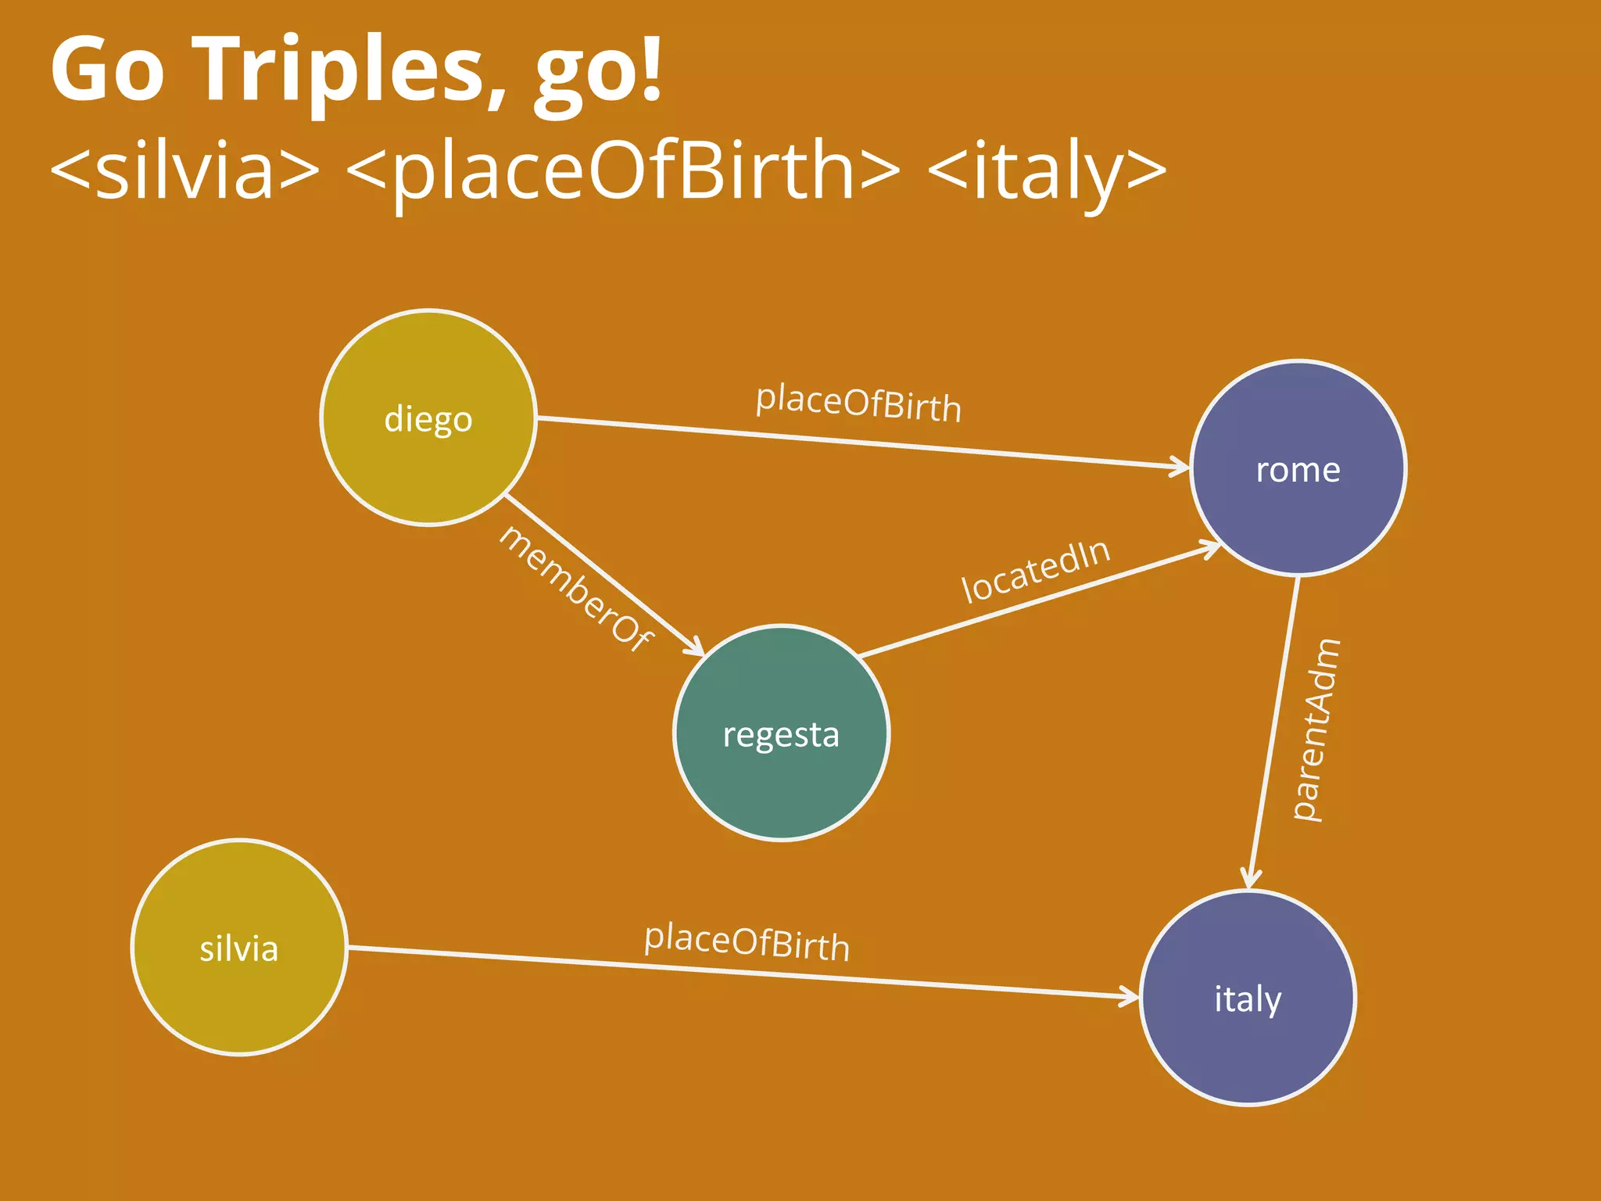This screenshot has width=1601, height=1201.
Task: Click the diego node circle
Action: pos(428,418)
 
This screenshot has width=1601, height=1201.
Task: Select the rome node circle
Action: pos(1298,469)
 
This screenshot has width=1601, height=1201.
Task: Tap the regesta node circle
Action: pos(781,733)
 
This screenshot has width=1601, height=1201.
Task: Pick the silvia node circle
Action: pos(239,948)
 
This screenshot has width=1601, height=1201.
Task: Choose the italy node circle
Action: pos(1248,998)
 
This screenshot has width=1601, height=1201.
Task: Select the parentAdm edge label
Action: pos(1316,730)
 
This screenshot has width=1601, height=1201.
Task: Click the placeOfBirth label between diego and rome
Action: pos(858,403)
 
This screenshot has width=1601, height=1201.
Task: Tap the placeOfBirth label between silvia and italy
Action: pos(747,942)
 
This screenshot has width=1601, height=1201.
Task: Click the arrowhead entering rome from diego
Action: pos(1180,467)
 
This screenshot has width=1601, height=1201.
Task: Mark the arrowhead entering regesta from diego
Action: pos(695,647)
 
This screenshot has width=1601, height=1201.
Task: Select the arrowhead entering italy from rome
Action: pos(1252,879)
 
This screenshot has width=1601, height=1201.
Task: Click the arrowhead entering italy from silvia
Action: pos(1130,996)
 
